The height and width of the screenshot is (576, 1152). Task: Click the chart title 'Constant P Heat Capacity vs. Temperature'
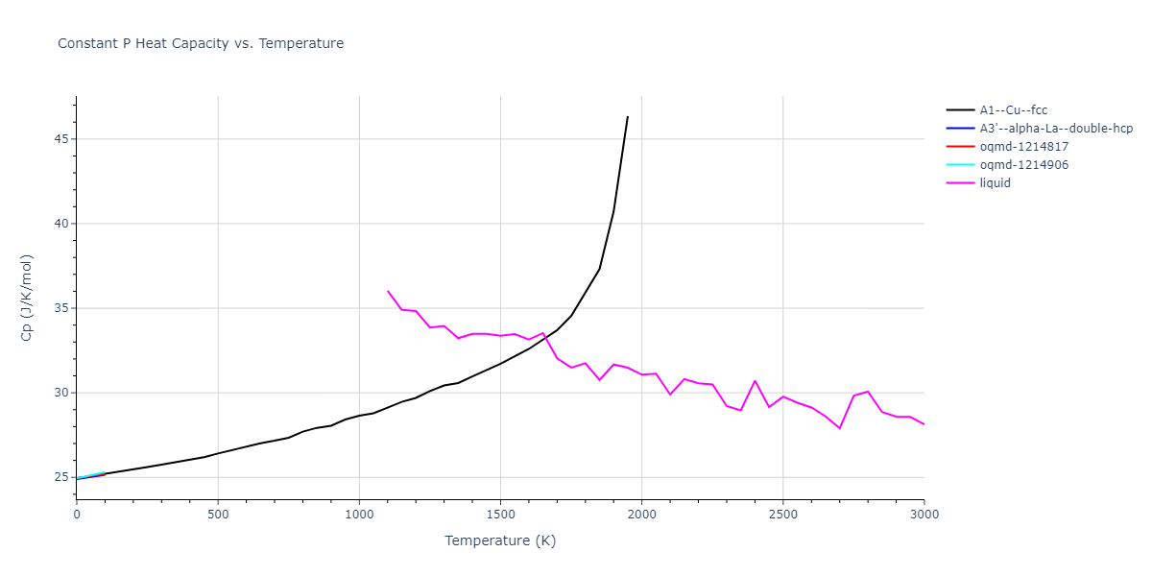click(x=201, y=43)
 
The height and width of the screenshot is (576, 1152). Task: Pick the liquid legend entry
click(x=995, y=183)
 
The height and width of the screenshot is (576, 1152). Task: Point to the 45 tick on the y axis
click(x=61, y=139)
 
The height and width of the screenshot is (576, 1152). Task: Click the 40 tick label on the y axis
click(x=61, y=224)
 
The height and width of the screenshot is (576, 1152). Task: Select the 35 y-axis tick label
click(x=61, y=308)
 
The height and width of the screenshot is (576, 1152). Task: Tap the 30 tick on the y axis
click(x=61, y=393)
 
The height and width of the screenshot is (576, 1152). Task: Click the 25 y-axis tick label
click(x=61, y=477)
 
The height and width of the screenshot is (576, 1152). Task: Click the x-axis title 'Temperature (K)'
click(x=500, y=540)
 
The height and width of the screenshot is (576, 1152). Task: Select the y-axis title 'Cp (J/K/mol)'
click(x=26, y=298)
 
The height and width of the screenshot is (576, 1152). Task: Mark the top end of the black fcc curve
click(x=627, y=117)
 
